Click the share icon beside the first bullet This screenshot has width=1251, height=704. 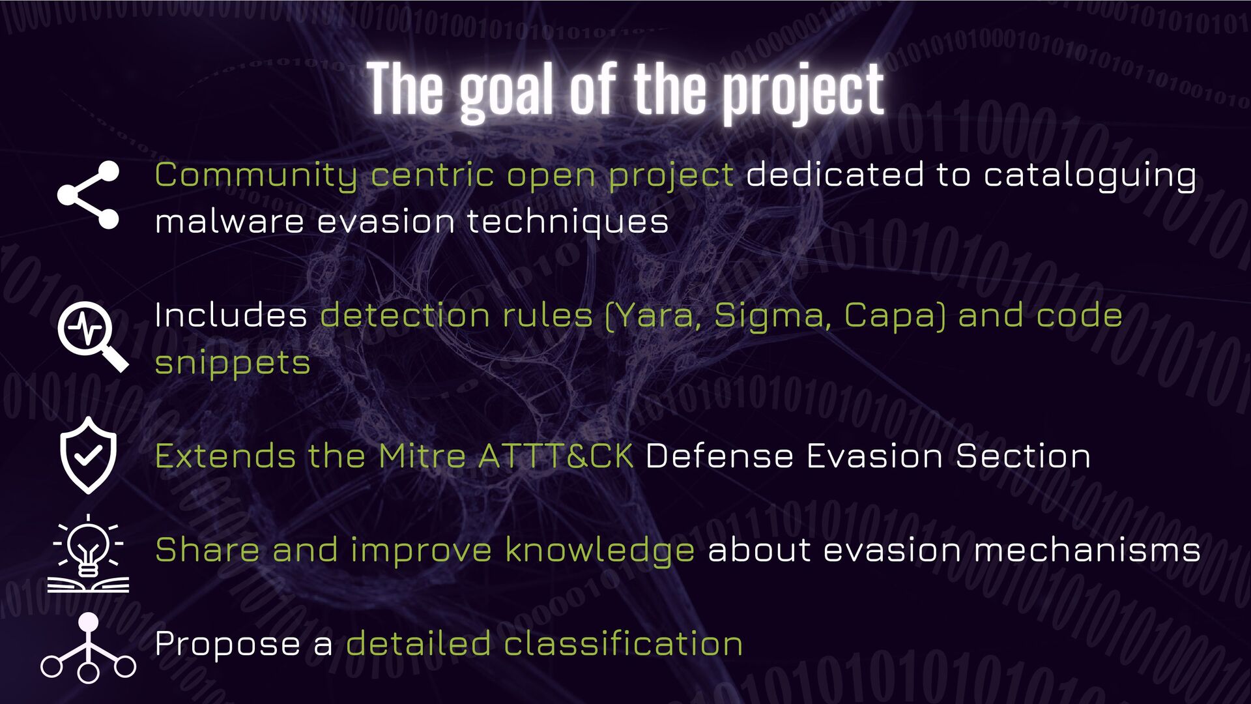(x=89, y=195)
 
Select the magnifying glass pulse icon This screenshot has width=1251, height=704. (x=91, y=336)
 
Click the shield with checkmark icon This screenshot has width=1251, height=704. (x=89, y=455)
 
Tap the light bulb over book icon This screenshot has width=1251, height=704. (x=89, y=554)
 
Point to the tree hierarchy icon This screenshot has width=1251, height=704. (x=89, y=648)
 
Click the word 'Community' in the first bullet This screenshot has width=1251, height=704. (x=255, y=176)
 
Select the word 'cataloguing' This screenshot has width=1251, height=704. (x=1089, y=176)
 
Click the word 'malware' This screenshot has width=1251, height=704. (x=229, y=222)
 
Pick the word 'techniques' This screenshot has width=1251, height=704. (x=568, y=222)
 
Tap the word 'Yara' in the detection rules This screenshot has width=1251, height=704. (x=655, y=316)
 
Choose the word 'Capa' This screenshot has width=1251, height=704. (x=890, y=316)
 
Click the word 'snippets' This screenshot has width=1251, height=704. (x=233, y=363)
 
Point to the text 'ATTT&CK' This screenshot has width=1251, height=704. (x=555, y=456)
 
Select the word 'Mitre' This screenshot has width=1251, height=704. (x=422, y=456)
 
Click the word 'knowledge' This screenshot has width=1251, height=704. (x=599, y=550)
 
